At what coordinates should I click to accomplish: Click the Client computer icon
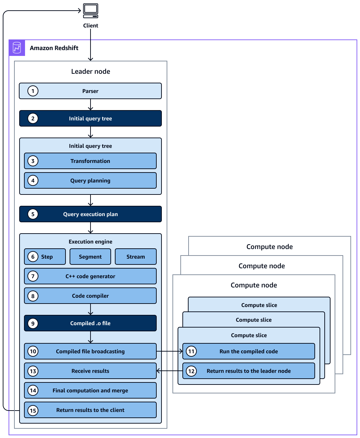(91, 11)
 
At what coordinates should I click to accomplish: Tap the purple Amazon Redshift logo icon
(17, 48)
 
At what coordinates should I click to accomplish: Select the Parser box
(90, 91)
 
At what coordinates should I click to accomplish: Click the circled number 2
(33, 118)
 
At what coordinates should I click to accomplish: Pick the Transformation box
(90, 161)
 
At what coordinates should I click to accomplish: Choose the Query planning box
(90, 180)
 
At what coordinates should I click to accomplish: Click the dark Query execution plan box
(90, 214)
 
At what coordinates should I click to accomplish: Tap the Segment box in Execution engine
(90, 257)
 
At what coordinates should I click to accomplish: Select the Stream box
(135, 257)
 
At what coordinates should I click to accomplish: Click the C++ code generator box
(90, 276)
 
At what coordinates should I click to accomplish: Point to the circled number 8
(33, 296)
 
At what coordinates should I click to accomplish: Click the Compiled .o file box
(90, 323)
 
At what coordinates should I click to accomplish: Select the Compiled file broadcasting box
(90, 351)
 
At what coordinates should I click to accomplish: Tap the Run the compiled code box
(249, 351)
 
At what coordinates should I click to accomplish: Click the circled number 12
(191, 371)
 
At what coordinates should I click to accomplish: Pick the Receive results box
(90, 371)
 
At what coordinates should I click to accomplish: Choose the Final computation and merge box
(90, 390)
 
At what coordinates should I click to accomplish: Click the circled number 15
(33, 411)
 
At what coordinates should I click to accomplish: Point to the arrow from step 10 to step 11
(169, 351)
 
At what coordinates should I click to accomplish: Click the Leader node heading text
(91, 71)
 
